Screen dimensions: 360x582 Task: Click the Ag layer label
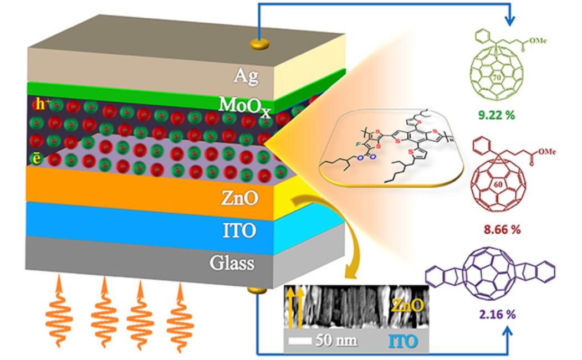(245, 76)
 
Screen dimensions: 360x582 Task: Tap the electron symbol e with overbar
(38, 158)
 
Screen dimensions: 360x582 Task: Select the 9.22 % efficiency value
(496, 116)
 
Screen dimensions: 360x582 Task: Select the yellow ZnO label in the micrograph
(408, 304)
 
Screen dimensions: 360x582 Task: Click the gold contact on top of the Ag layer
(258, 43)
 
